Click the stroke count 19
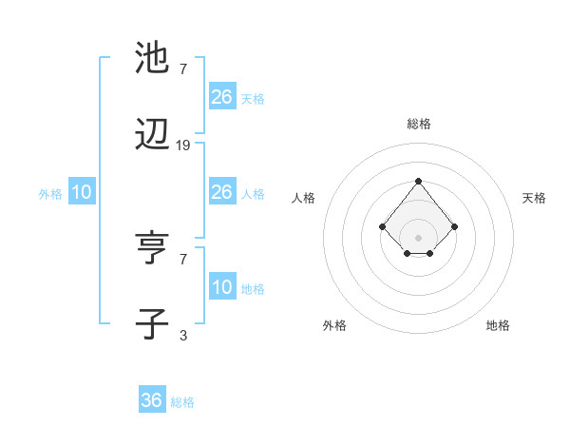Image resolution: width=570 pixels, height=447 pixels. click(183, 146)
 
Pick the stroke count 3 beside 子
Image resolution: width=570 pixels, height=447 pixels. click(183, 335)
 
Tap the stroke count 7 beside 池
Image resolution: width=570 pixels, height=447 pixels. click(183, 69)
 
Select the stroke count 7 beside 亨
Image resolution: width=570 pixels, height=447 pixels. click(183, 259)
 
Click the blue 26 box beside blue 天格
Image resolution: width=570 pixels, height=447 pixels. click(222, 97)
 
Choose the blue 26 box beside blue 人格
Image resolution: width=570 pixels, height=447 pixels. click(222, 192)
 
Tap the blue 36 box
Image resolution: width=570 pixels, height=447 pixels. click(152, 400)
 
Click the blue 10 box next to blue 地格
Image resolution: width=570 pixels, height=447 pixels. click(222, 287)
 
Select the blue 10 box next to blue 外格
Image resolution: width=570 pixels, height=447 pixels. click(82, 192)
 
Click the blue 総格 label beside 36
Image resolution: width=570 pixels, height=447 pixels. click(182, 402)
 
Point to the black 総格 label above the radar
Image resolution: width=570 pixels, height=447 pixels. click(418, 124)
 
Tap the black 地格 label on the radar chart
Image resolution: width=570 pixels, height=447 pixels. click(498, 325)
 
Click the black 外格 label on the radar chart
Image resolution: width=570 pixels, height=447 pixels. click(334, 325)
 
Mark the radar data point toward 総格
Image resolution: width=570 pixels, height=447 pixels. click(418, 181)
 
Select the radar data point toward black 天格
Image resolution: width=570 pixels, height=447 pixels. click(455, 226)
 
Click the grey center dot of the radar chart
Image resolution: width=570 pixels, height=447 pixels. click(418, 238)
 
